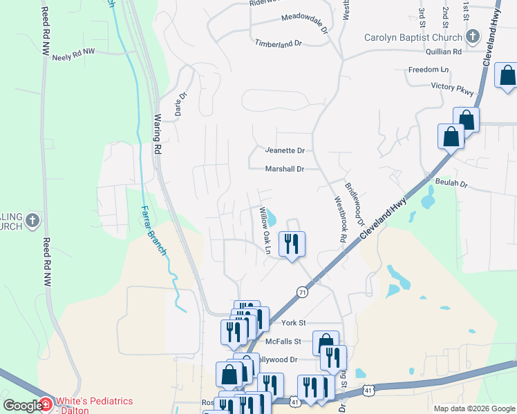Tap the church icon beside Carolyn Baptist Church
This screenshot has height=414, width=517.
(473, 37)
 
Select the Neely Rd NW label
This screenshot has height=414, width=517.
(73, 56)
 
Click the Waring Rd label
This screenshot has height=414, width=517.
(158, 134)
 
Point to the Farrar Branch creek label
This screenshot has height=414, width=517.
(153, 230)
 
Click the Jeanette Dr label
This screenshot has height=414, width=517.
(285, 150)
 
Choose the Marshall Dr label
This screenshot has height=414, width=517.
(285, 169)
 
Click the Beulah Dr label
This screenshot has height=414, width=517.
(452, 184)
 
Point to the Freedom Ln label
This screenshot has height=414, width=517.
(429, 70)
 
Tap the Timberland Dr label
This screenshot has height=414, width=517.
(279, 43)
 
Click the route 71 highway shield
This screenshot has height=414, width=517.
(302, 292)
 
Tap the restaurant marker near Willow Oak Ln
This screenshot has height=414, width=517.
(291, 244)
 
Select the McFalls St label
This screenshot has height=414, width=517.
(283, 341)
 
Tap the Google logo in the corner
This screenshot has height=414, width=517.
(23, 406)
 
